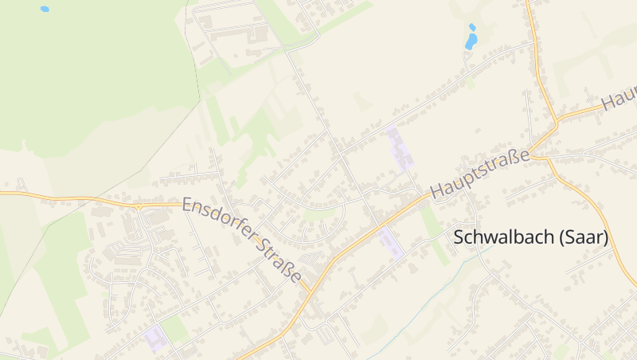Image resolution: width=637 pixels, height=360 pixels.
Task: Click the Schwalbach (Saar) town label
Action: [x=530, y=237]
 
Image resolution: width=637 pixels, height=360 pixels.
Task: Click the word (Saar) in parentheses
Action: [x=584, y=237]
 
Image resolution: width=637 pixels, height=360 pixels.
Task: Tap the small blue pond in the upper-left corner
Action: [x=45, y=10]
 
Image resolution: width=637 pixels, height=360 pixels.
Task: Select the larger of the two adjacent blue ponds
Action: [x=471, y=41]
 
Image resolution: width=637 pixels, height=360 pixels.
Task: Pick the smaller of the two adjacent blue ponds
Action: [x=472, y=27]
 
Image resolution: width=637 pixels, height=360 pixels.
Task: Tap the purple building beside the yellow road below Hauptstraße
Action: [x=392, y=242]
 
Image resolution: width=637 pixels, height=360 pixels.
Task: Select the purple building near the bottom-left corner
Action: [x=155, y=338]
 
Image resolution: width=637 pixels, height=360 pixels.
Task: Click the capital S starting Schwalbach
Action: [x=459, y=237]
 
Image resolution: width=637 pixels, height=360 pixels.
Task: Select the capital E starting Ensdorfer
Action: [x=188, y=205]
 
